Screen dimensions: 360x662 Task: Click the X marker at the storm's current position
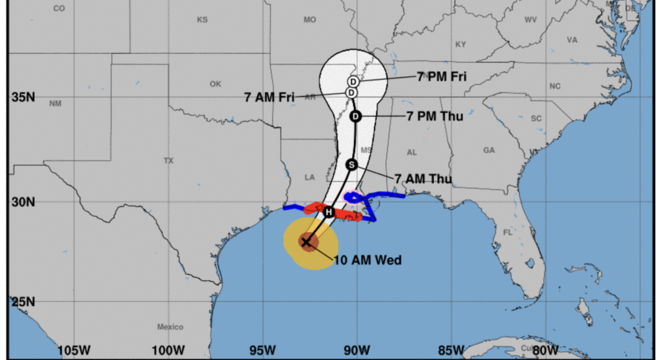pyautogui.click(x=306, y=242)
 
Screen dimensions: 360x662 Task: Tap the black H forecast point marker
pyautogui.click(x=329, y=213)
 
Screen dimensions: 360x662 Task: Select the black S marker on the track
pyautogui.click(x=351, y=165)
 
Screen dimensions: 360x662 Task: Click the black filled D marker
pyautogui.click(x=355, y=116)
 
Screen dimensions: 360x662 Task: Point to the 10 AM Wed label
pyautogui.click(x=368, y=260)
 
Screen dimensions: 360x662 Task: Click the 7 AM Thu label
pyautogui.click(x=423, y=180)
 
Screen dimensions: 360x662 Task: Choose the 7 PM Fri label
pyautogui.click(x=442, y=77)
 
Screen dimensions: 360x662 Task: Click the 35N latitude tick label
pyautogui.click(x=22, y=97)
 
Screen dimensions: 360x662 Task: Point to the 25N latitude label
pyautogui.click(x=22, y=302)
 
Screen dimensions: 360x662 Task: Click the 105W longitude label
pyautogui.click(x=73, y=351)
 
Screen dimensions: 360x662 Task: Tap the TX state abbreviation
pyautogui.click(x=169, y=160)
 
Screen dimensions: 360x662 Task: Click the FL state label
pyautogui.click(x=508, y=233)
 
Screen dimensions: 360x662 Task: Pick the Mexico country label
pyautogui.click(x=170, y=327)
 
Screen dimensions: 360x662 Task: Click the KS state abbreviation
pyautogui.click(x=202, y=20)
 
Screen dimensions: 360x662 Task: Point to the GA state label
pyautogui.click(x=489, y=151)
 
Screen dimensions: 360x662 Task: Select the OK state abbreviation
pyautogui.click(x=215, y=84)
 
